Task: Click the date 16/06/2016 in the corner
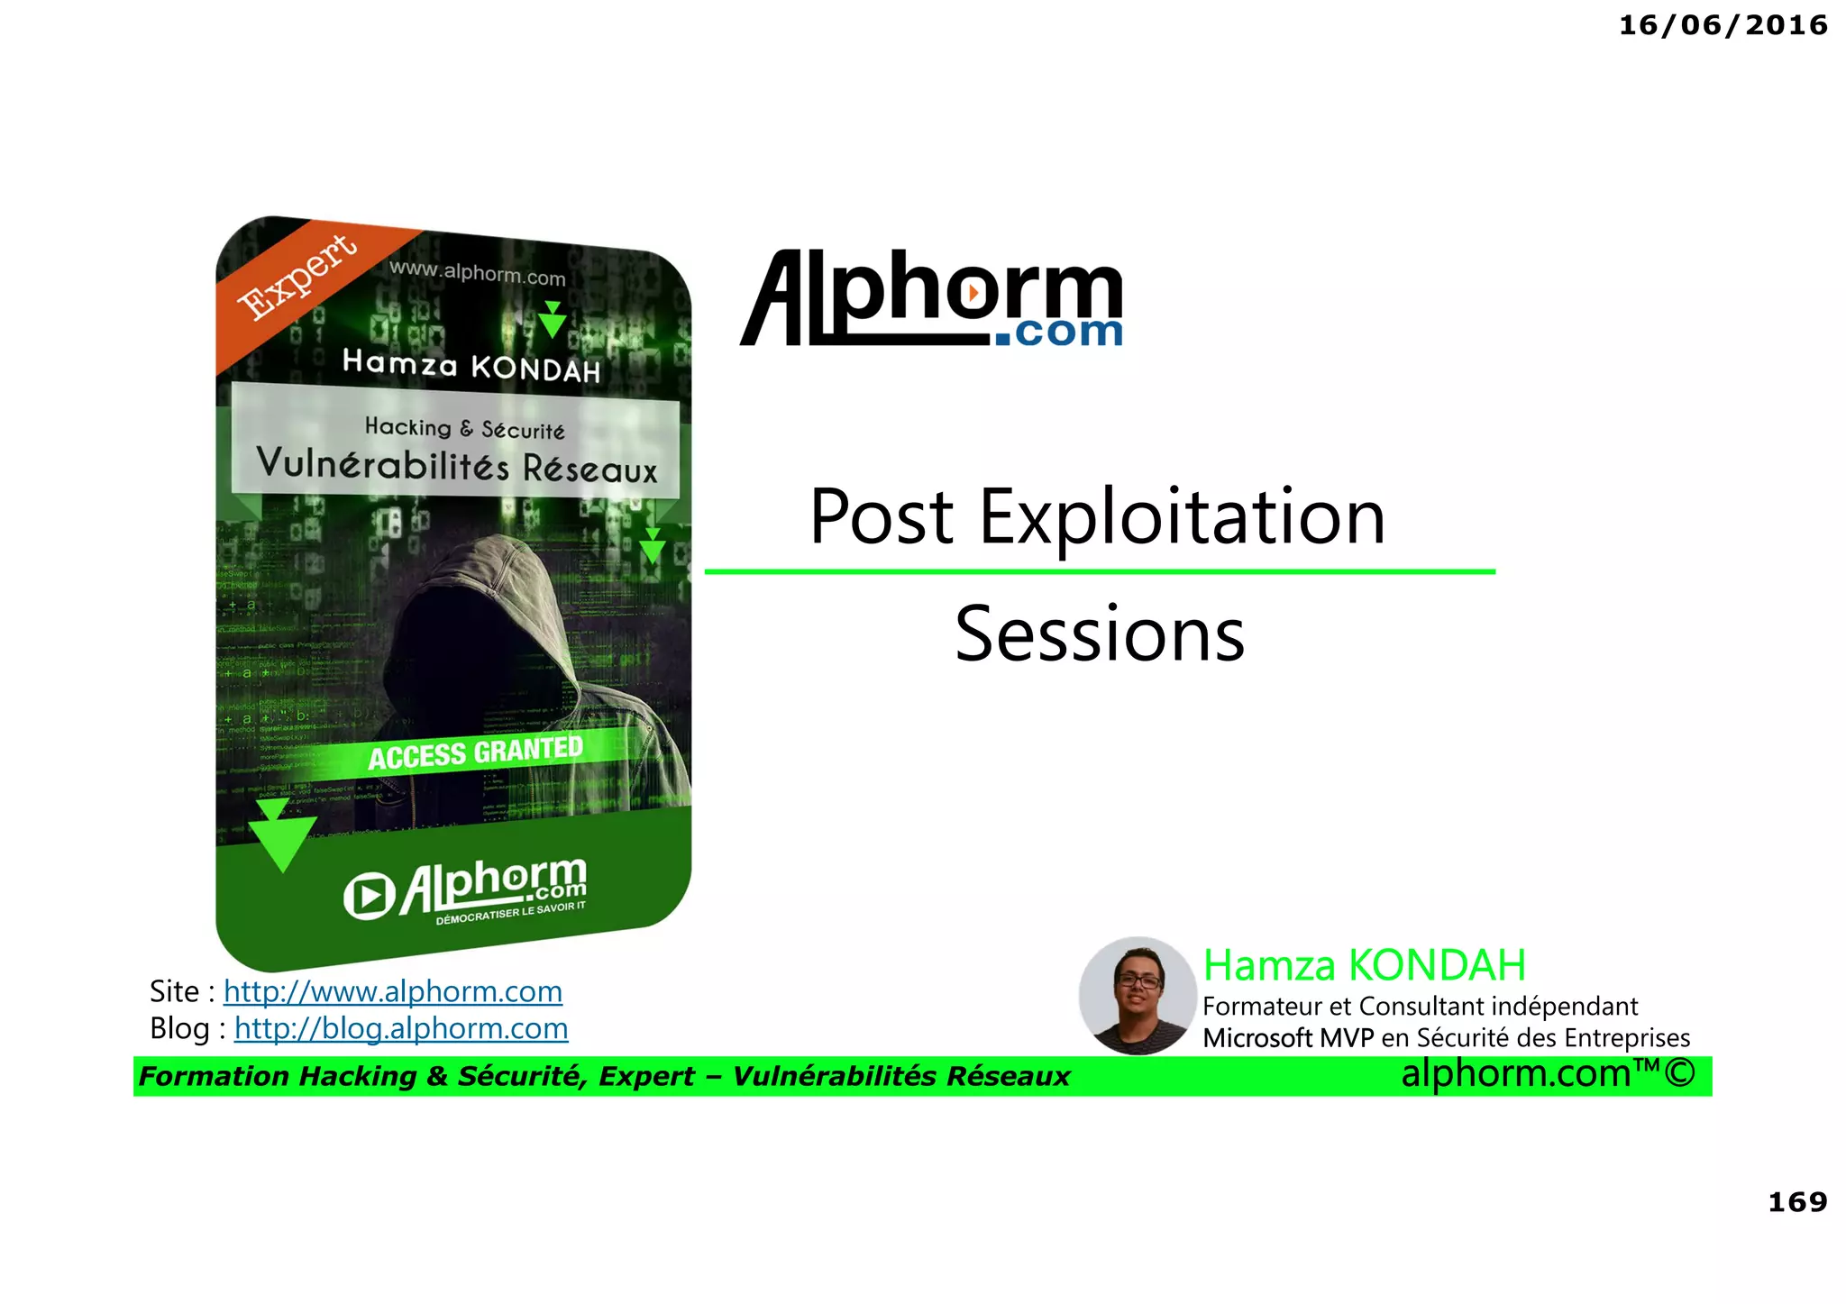click(x=1723, y=25)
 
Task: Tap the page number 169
click(x=1797, y=1202)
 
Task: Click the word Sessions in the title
click(x=1100, y=634)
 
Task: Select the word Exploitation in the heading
click(x=1182, y=516)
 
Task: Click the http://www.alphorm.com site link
click(x=393, y=992)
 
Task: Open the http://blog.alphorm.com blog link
click(x=401, y=1029)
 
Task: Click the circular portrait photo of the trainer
click(x=1138, y=996)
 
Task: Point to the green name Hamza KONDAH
click(x=1365, y=965)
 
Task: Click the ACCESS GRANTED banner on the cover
click(x=476, y=752)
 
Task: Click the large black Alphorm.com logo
click(x=932, y=299)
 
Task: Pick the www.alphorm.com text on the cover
click(x=478, y=273)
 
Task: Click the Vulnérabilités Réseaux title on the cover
click(x=457, y=465)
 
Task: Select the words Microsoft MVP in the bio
click(x=1287, y=1038)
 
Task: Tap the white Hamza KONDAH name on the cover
click(x=471, y=366)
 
